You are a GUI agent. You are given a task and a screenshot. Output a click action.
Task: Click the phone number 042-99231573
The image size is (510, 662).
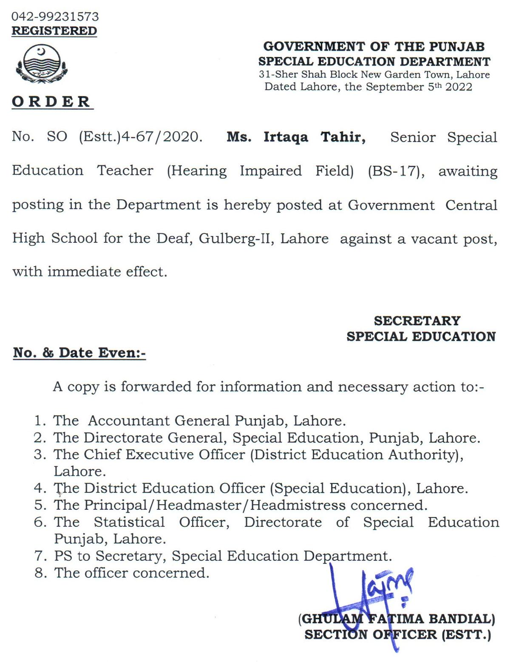tap(55, 17)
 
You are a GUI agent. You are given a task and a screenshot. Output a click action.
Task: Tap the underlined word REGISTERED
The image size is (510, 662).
tap(54, 31)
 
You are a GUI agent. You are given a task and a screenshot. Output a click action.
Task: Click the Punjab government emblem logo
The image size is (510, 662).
tap(41, 64)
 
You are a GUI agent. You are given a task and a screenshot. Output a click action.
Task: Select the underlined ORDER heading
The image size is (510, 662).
tap(51, 102)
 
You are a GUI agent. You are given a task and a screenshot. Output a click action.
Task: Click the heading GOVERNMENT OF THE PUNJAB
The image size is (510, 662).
tap(374, 46)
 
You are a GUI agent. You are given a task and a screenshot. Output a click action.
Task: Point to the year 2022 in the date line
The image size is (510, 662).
tap(459, 87)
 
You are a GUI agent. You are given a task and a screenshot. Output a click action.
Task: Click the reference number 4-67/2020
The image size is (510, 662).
tap(161, 137)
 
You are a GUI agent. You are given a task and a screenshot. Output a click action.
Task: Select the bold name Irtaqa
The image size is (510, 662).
tap(286, 137)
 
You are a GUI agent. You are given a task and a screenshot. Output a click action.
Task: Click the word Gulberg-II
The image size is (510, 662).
tap(234, 238)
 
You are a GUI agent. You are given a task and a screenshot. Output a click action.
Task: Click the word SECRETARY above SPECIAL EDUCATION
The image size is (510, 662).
tap(417, 321)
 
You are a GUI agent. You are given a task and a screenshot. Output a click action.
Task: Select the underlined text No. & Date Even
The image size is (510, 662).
tap(79, 353)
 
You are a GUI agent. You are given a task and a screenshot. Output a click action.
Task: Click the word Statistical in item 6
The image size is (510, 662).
tap(129, 522)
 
